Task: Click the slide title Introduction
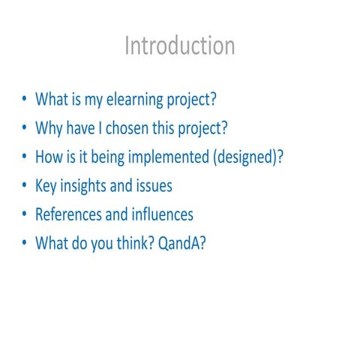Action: (x=179, y=46)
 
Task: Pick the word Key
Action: (x=46, y=185)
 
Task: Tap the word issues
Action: (x=155, y=185)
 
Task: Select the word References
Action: (x=69, y=214)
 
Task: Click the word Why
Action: (x=49, y=127)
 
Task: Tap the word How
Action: (x=49, y=157)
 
